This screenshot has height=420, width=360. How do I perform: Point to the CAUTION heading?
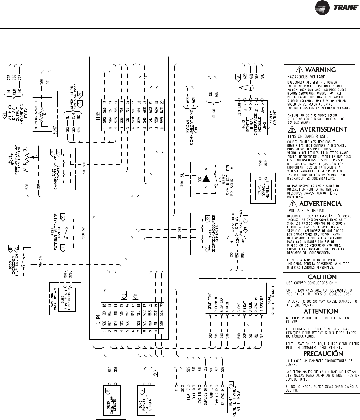(322, 277)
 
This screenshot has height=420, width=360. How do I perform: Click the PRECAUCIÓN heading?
(323, 353)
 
